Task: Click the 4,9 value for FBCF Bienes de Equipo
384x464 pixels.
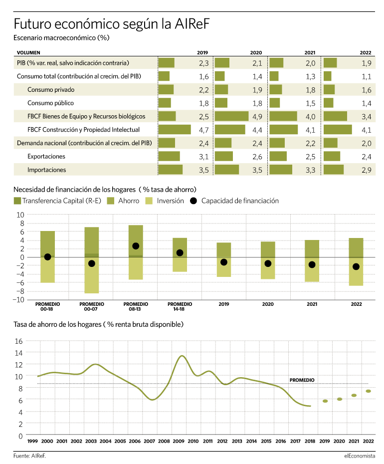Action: tap(257, 117)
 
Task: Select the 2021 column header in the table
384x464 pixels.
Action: tap(310, 53)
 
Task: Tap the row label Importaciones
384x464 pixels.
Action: tap(47, 170)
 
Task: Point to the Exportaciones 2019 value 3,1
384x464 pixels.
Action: tap(203, 157)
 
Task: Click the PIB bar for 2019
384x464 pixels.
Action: tap(166, 63)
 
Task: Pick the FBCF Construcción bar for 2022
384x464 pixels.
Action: tap(338, 130)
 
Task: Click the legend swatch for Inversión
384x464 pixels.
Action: tap(149, 201)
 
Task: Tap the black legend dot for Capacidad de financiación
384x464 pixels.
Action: tap(193, 201)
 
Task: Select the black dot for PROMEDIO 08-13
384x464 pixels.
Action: tap(136, 246)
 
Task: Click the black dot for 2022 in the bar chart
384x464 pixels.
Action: tap(356, 266)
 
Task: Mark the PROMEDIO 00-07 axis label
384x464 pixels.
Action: tap(92, 306)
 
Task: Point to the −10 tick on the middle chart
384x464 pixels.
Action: tap(18, 299)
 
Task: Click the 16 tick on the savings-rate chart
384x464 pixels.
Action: tap(18, 341)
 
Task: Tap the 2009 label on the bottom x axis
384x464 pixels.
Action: tap(179, 441)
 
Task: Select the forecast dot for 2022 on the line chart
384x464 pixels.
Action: tap(369, 391)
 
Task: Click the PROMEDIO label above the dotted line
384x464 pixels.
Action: tap(302, 380)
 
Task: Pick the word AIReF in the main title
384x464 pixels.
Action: tap(192, 23)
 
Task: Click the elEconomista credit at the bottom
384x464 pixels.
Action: tap(360, 456)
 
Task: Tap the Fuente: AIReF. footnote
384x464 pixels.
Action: tap(29, 456)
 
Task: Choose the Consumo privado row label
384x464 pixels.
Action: tap(51, 90)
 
